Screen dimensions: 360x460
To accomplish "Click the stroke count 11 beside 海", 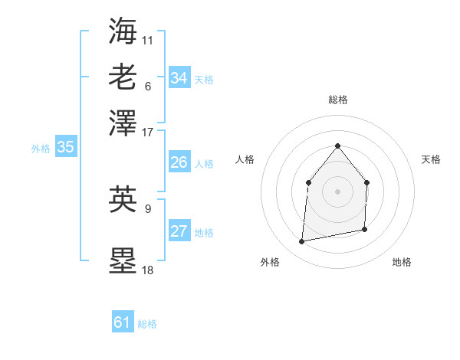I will click(147, 39).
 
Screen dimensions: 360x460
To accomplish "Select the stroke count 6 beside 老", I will click(147, 86).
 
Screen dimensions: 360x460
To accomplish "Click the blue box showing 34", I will click(179, 78).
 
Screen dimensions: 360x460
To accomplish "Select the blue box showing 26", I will click(179, 162).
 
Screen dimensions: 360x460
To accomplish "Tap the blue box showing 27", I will click(179, 231).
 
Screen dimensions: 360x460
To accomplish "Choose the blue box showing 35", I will click(65, 147).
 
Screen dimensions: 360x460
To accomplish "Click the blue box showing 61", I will click(122, 322).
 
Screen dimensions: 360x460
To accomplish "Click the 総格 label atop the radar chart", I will click(337, 100).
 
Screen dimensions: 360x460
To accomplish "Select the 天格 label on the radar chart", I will click(431, 159).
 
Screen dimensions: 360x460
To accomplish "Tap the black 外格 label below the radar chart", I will click(270, 262).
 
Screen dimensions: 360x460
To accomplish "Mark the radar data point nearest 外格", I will click(302, 242).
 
